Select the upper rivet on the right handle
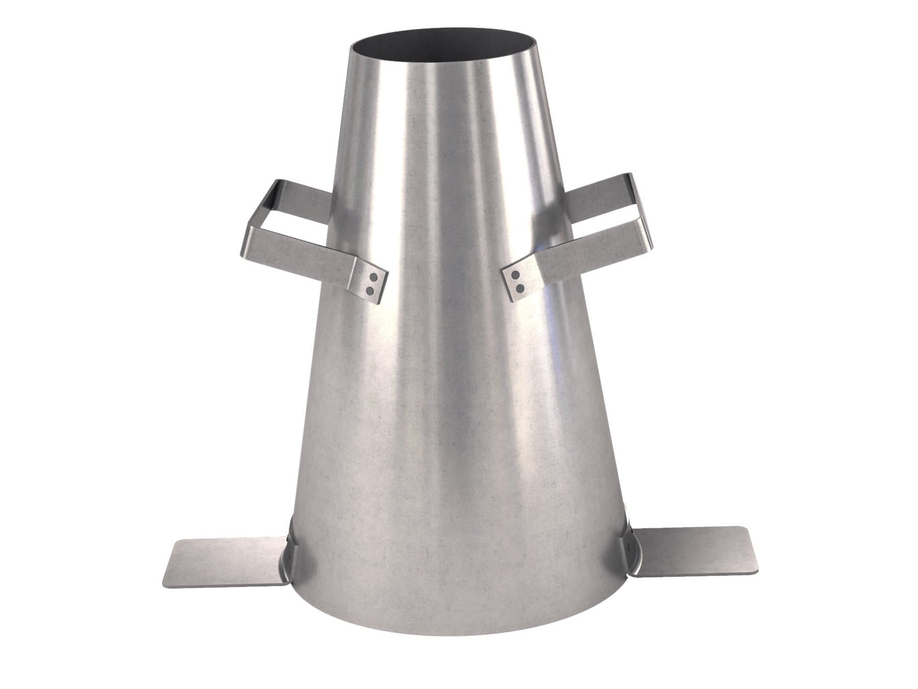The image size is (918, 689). point(516,276)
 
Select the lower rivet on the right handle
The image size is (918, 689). point(519,289)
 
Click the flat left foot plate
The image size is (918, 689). point(224,561)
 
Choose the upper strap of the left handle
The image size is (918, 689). point(301,196)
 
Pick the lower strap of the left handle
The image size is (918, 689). point(306,255)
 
